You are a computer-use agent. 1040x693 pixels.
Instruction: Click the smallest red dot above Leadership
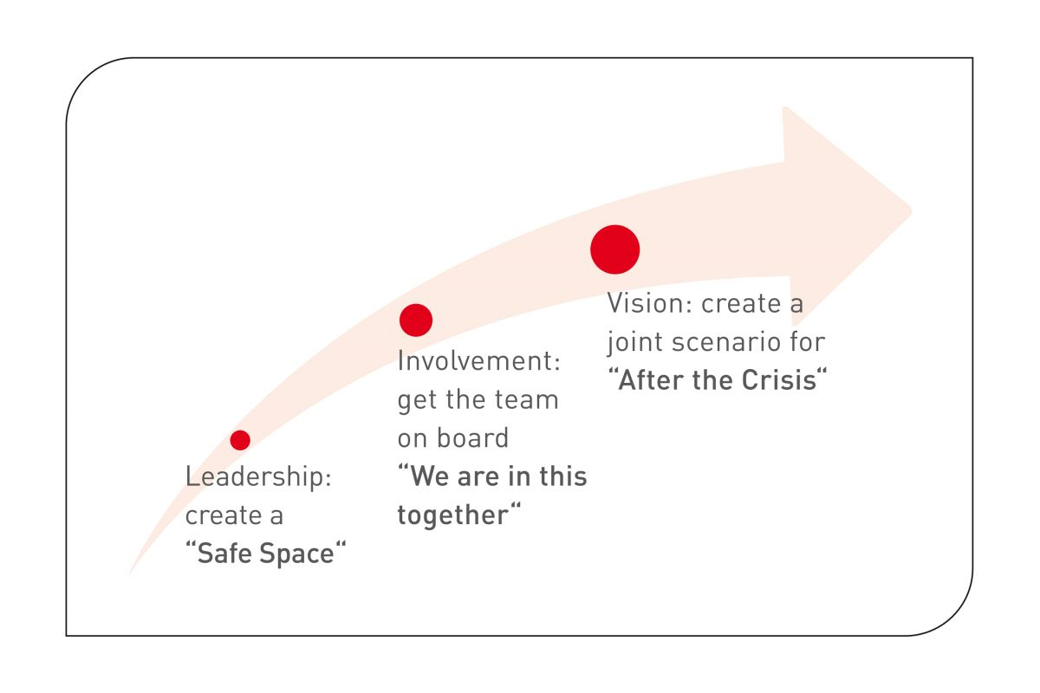tap(240, 440)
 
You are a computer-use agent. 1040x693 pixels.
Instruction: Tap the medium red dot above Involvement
tap(415, 321)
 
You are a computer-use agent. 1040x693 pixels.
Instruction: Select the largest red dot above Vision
tap(614, 249)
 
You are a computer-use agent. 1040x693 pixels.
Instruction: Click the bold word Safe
tap(225, 554)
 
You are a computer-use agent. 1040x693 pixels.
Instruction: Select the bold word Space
tap(296, 554)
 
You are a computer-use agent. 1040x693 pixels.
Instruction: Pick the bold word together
tap(453, 515)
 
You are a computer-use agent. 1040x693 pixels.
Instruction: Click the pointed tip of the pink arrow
tap(912, 210)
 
